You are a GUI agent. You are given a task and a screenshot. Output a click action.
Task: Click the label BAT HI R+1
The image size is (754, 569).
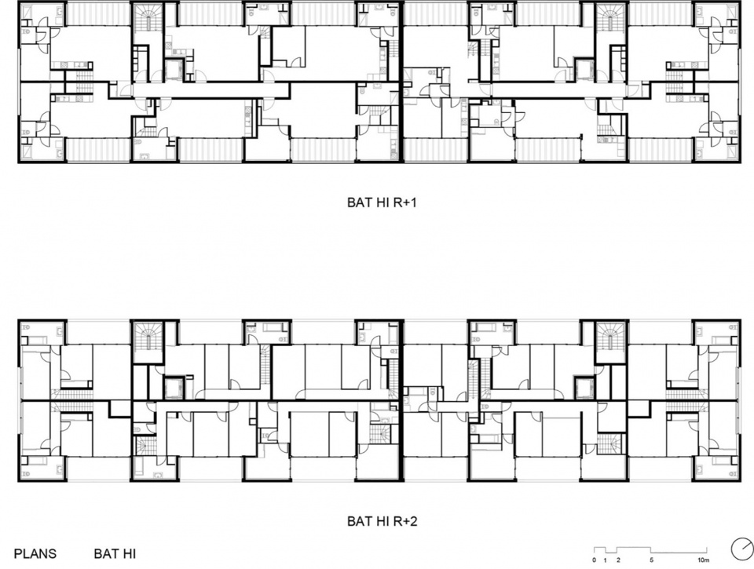coord(382,202)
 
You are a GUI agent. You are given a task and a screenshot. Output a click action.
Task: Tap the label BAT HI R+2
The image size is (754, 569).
coord(382,521)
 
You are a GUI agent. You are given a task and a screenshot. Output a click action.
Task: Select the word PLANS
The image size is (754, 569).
coord(35,553)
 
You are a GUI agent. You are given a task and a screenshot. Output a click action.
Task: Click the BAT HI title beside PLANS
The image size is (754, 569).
coord(115,553)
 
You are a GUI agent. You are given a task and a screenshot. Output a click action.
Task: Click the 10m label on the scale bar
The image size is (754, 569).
coord(704,560)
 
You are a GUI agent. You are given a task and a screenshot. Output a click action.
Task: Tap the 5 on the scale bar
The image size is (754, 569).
coord(651,560)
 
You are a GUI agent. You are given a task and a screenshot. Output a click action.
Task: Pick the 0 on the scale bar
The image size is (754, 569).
coord(595,560)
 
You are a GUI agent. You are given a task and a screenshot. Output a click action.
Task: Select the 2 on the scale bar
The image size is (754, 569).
coord(618,560)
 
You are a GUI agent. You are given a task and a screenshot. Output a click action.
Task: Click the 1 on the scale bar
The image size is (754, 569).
coord(606,560)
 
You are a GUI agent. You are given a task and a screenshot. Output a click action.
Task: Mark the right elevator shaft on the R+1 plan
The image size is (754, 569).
coord(584,70)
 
